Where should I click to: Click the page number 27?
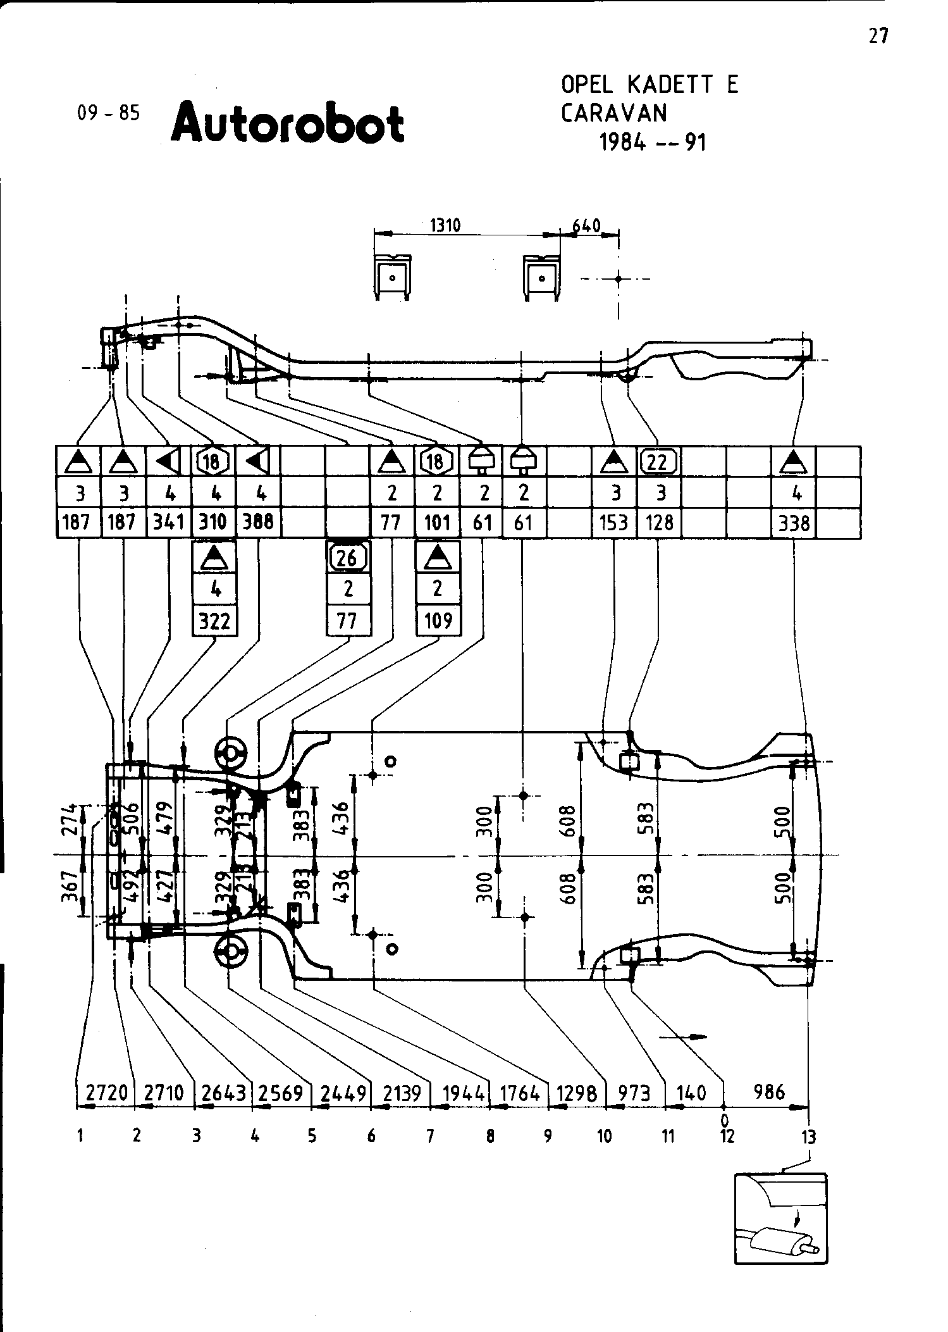878,37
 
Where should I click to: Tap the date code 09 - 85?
108,113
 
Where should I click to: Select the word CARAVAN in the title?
613,113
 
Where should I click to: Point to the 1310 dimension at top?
445,225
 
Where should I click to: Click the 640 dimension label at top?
586,225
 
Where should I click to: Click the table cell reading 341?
169,523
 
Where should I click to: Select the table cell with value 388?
258,523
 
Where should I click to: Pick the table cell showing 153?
613,523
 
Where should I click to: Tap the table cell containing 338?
794,523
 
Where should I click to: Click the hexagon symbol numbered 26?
348,557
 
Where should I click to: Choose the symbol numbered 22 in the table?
658,461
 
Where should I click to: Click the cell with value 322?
214,621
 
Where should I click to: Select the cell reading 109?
438,621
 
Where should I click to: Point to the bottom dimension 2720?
106,1092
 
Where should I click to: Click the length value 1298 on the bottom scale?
577,1092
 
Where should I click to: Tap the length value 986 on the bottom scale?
769,1092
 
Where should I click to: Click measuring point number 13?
809,1137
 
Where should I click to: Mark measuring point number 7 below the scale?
430,1137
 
